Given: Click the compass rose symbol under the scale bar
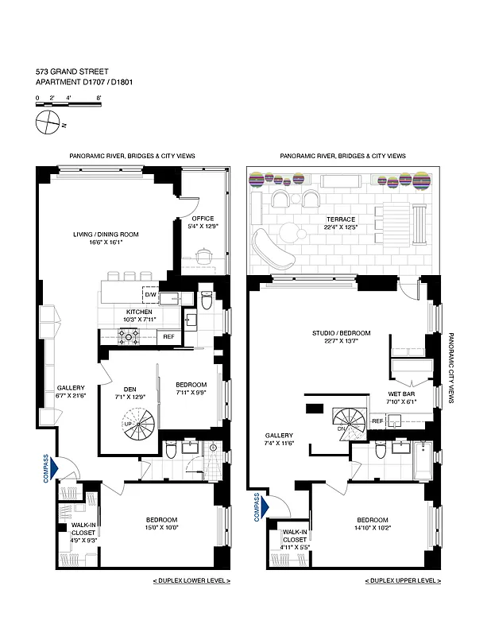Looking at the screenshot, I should (48, 122).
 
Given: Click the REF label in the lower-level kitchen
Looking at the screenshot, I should (168, 336).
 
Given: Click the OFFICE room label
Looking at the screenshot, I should (203, 219).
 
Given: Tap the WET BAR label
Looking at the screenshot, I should (400, 394).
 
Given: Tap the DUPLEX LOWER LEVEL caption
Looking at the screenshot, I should (191, 581).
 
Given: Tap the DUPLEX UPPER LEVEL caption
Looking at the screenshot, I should (403, 581).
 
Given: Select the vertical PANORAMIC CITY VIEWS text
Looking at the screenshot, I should (450, 368).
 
